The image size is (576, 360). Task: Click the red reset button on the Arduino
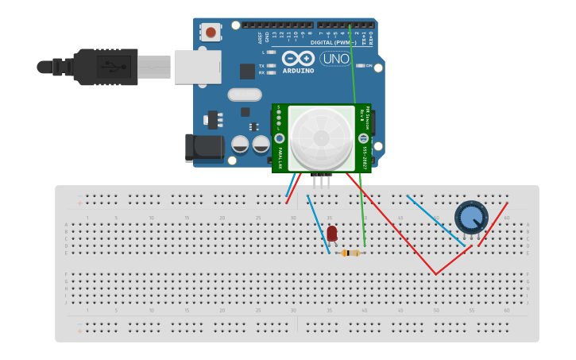(x=211, y=32)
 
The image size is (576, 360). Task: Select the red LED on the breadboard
(x=331, y=233)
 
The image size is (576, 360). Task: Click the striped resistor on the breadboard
(x=350, y=253)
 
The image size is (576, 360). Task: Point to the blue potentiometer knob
(x=471, y=217)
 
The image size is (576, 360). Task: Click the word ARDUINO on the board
(x=298, y=71)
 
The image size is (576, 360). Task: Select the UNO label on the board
(x=335, y=59)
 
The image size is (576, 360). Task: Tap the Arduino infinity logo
(x=298, y=58)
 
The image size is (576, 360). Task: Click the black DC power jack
(x=204, y=147)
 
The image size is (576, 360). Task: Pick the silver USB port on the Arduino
(x=198, y=67)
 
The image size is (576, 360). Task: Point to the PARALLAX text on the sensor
(x=280, y=156)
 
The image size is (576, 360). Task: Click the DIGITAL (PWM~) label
(x=333, y=42)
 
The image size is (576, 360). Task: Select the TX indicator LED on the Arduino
(x=271, y=65)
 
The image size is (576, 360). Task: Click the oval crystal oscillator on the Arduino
(x=244, y=95)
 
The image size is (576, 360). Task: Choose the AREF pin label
(x=259, y=37)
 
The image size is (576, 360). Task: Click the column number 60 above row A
(x=506, y=218)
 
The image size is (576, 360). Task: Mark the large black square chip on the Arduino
(x=247, y=71)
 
